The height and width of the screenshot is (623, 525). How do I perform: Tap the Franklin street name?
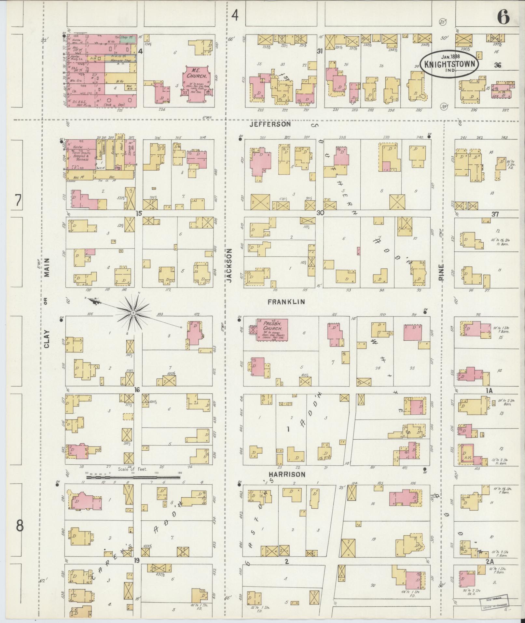pyautogui.click(x=286, y=302)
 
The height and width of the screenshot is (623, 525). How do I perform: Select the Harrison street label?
pyautogui.click(x=287, y=474)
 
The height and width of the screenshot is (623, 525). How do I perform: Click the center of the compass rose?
pyautogui.click(x=133, y=313)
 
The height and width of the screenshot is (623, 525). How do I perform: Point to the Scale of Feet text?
pyautogui.click(x=133, y=469)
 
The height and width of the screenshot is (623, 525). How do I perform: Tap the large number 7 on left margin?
pyautogui.click(x=19, y=201)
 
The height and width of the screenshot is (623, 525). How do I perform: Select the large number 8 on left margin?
pyautogui.click(x=20, y=526)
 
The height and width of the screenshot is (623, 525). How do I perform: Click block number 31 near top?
pyautogui.click(x=320, y=51)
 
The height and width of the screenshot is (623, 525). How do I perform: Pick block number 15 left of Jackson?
pyautogui.click(x=139, y=214)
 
